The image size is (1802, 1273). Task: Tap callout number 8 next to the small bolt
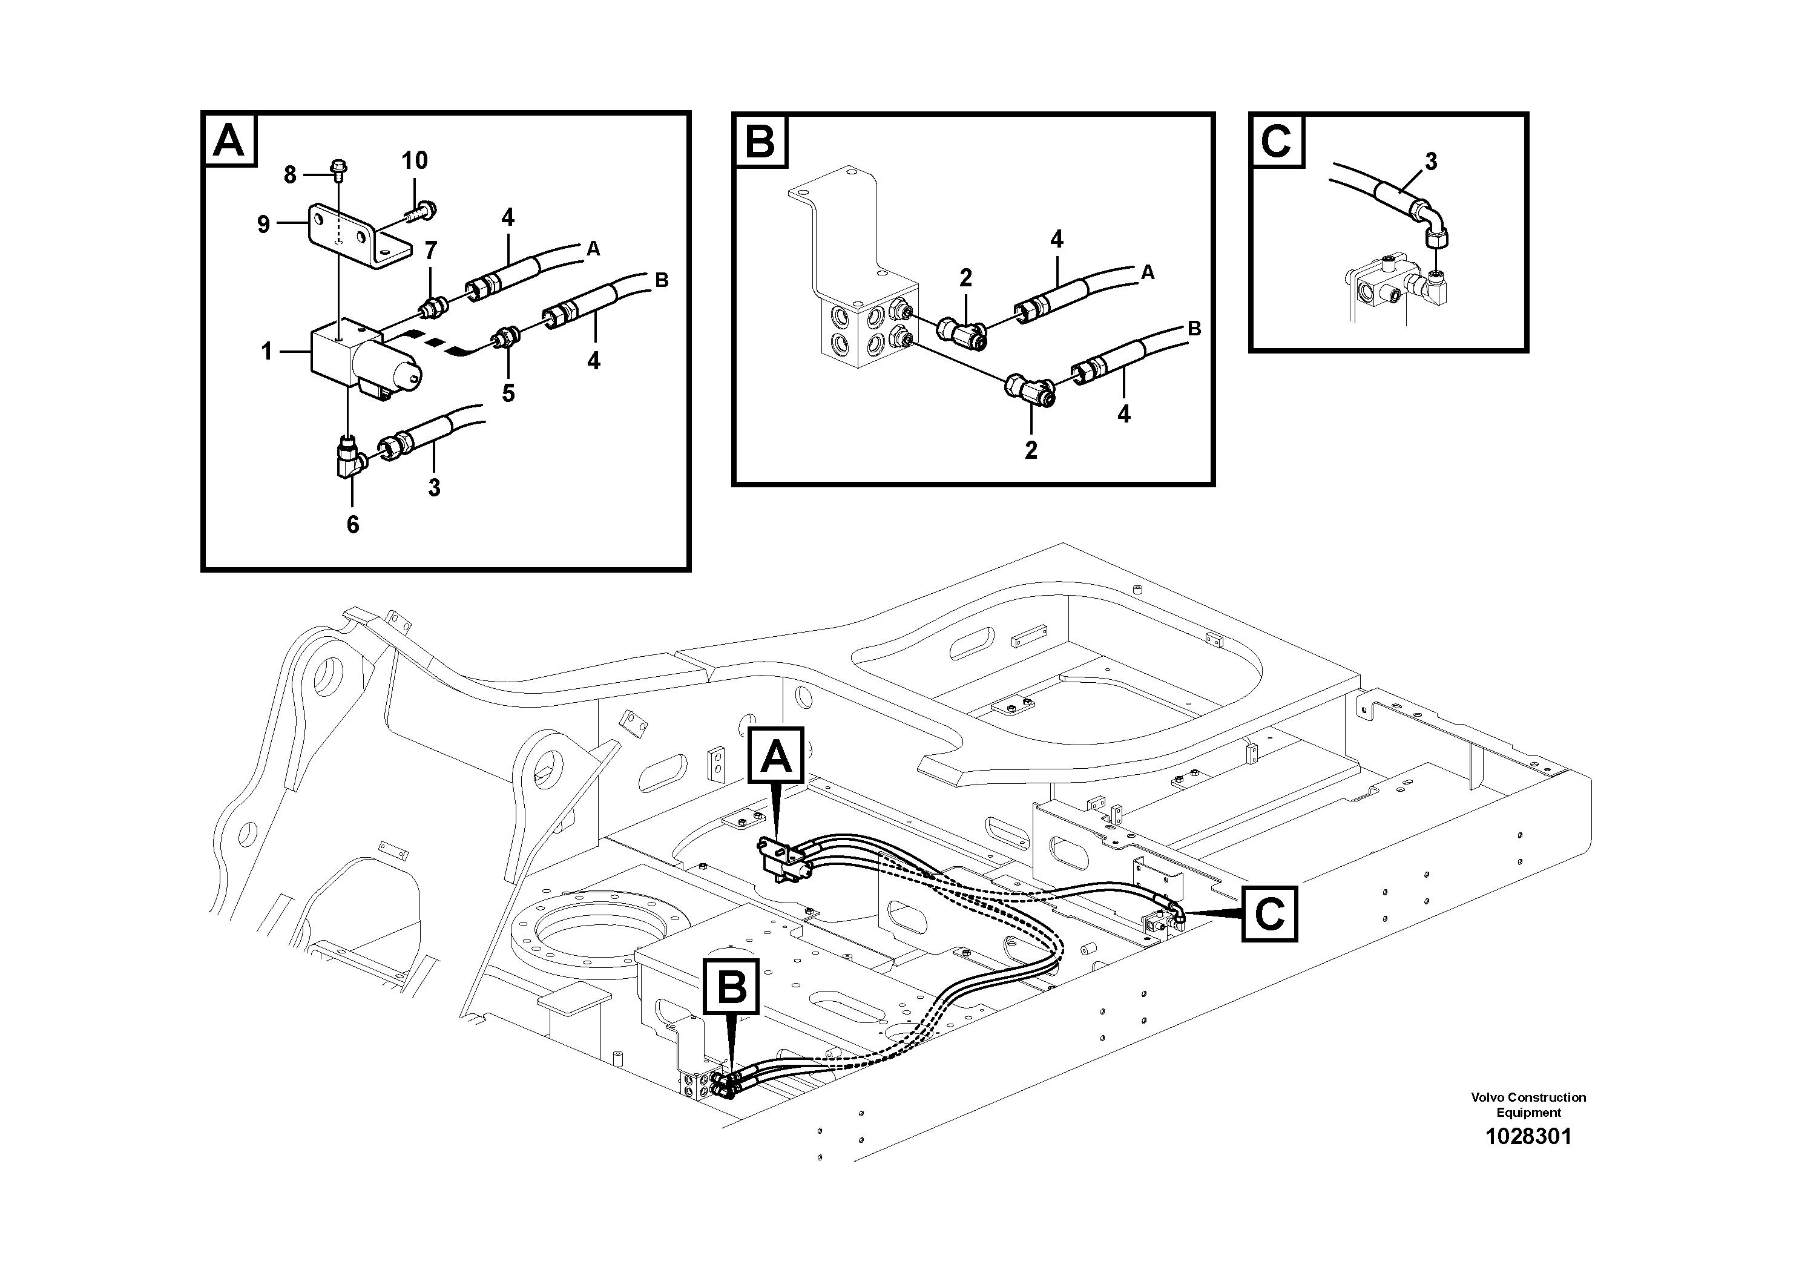289,175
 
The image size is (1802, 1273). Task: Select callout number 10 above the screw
415,161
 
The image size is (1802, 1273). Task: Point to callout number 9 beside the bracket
264,225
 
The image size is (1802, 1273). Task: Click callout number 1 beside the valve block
267,352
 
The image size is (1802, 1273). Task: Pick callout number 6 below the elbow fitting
352,525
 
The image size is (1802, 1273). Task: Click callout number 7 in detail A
431,251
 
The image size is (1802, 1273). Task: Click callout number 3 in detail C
1431,162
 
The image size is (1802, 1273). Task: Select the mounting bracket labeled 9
357,235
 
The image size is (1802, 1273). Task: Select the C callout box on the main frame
1269,913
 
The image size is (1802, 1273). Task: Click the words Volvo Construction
1527,1097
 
